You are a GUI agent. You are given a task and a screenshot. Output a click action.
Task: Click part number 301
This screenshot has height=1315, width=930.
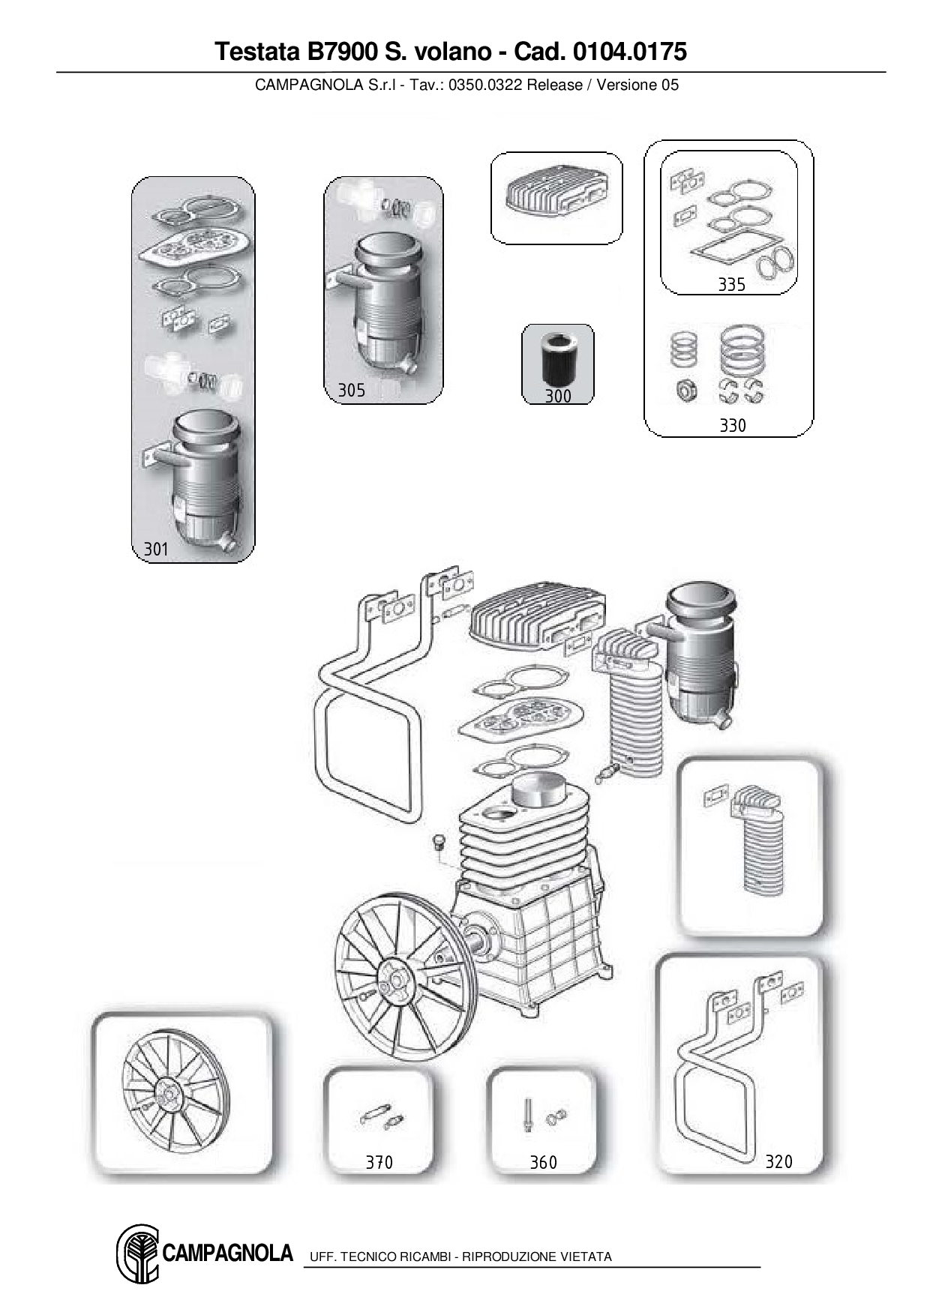point(156,550)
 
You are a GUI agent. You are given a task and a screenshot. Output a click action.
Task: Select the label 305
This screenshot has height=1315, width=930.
point(351,390)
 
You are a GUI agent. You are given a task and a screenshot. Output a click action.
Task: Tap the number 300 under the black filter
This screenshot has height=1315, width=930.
point(558,396)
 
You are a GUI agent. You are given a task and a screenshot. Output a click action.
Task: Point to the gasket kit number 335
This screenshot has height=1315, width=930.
point(731,284)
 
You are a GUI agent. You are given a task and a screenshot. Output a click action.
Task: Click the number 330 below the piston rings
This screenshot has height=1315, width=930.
point(732,426)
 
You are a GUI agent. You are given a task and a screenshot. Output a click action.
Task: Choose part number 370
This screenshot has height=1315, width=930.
point(379,1162)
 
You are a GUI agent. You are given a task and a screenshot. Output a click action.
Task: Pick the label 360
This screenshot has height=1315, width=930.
point(543,1162)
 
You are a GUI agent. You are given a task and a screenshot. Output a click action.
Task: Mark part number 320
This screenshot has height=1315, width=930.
point(778,1161)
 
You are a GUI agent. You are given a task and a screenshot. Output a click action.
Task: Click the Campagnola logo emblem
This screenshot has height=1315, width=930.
point(137,1255)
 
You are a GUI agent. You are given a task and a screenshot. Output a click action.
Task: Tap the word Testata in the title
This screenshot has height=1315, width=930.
point(257,51)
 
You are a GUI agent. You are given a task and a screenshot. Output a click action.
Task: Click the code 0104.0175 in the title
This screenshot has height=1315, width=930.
point(629,51)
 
